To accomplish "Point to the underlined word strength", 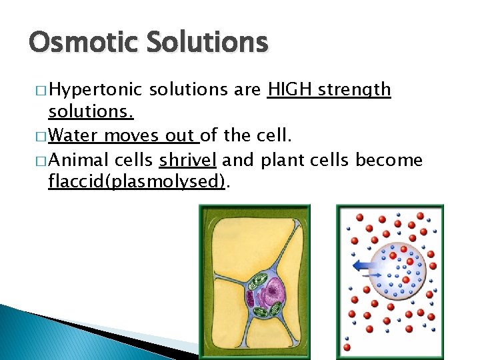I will [x=353, y=91].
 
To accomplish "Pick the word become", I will [x=389, y=161].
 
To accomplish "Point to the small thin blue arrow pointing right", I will [x=374, y=275].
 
